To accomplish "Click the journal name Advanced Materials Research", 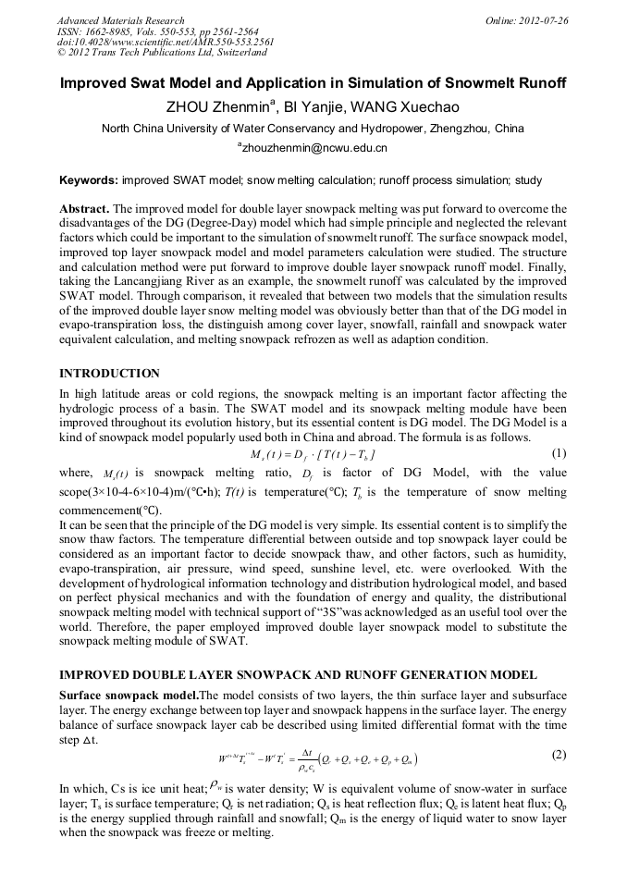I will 120,20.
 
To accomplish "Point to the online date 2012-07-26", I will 544,20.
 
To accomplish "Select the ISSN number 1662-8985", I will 113,31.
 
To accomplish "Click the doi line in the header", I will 166,42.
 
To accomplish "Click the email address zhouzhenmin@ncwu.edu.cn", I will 314,147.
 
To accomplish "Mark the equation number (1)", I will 558,453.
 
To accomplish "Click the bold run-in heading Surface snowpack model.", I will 129,694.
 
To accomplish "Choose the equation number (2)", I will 558,754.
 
